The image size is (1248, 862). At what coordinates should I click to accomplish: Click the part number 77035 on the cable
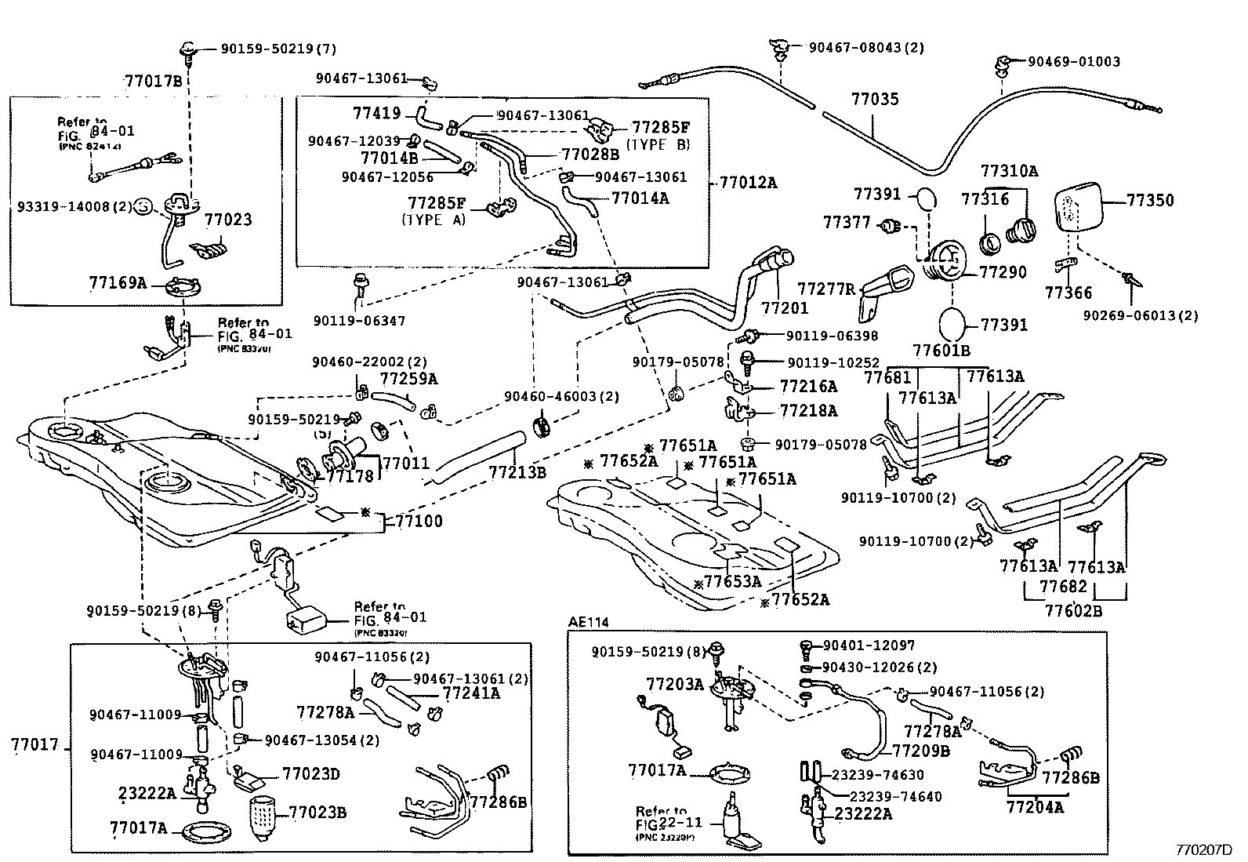(875, 100)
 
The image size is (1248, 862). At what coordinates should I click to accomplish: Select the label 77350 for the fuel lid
(1150, 200)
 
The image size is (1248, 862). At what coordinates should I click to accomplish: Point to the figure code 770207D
(1203, 849)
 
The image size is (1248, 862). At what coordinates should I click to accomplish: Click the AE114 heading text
(588, 622)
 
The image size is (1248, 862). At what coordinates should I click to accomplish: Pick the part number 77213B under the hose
(517, 472)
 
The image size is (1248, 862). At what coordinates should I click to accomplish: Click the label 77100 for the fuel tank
(419, 521)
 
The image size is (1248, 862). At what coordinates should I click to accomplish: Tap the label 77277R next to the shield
(826, 288)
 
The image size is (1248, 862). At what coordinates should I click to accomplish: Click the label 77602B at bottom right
(1073, 610)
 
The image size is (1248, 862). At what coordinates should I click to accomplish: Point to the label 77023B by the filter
(317, 812)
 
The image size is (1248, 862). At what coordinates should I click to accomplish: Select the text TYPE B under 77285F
(660, 144)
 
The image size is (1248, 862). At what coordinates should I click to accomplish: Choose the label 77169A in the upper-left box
(118, 282)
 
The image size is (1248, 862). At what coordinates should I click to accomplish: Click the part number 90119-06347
(359, 320)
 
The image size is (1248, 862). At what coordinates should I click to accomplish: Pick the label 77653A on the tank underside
(732, 581)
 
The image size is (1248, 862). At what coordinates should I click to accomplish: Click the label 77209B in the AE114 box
(920, 751)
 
